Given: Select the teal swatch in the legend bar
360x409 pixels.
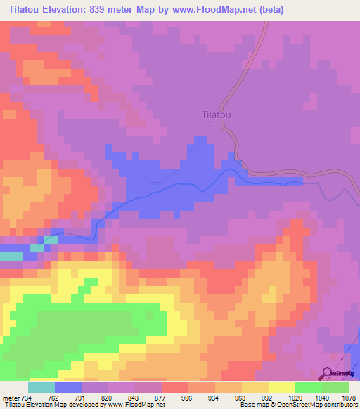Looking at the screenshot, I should point(41,388).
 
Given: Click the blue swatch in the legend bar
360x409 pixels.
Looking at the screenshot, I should point(68,388).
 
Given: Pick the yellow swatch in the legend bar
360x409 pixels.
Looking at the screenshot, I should point(282,388).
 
